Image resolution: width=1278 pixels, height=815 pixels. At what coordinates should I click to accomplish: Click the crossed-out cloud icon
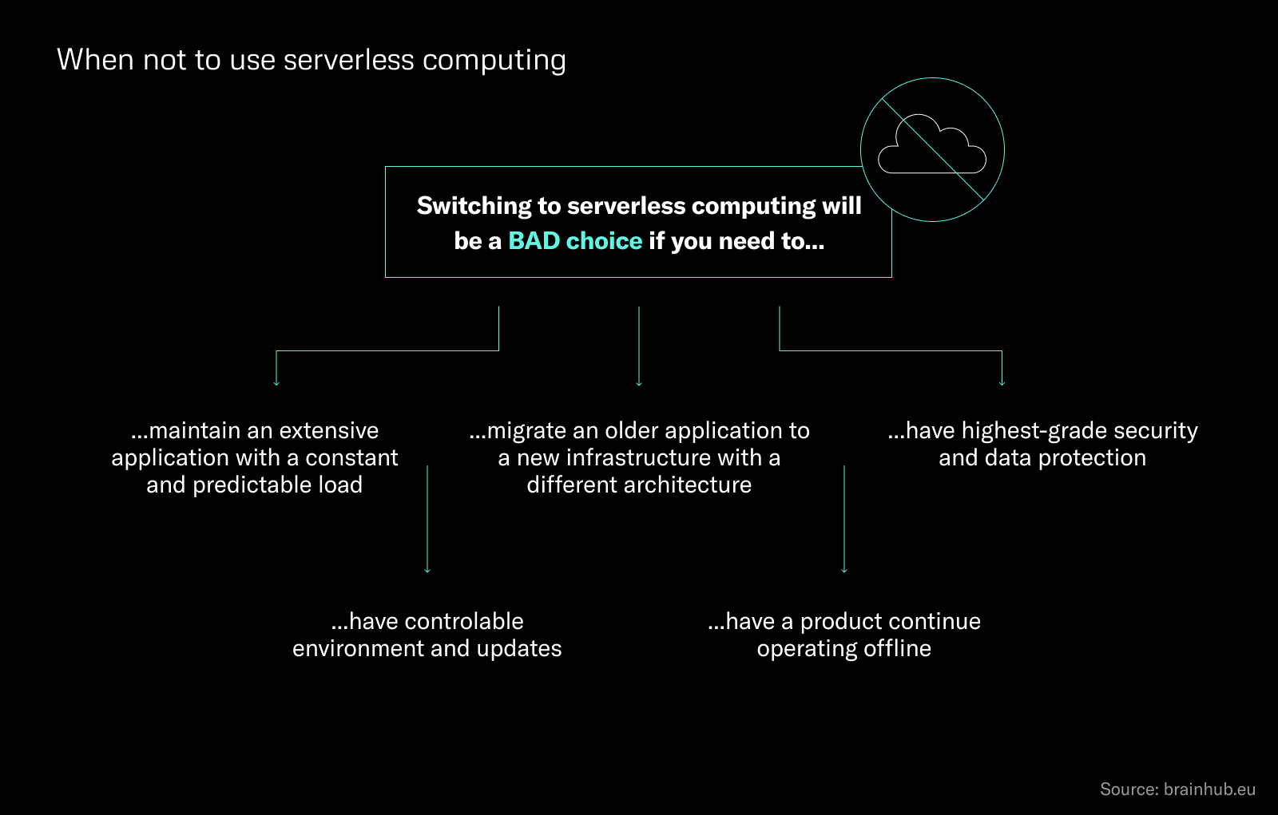point(932,149)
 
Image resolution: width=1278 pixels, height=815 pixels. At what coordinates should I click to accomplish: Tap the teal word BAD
point(534,241)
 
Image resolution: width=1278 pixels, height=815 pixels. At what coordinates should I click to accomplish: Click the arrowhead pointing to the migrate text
point(639,383)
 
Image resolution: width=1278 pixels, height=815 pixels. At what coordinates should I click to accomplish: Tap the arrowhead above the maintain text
point(276,383)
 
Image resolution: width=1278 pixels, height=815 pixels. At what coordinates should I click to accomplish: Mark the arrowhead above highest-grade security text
point(1002,383)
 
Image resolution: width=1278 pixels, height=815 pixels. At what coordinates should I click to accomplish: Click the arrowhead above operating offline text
point(844,570)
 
